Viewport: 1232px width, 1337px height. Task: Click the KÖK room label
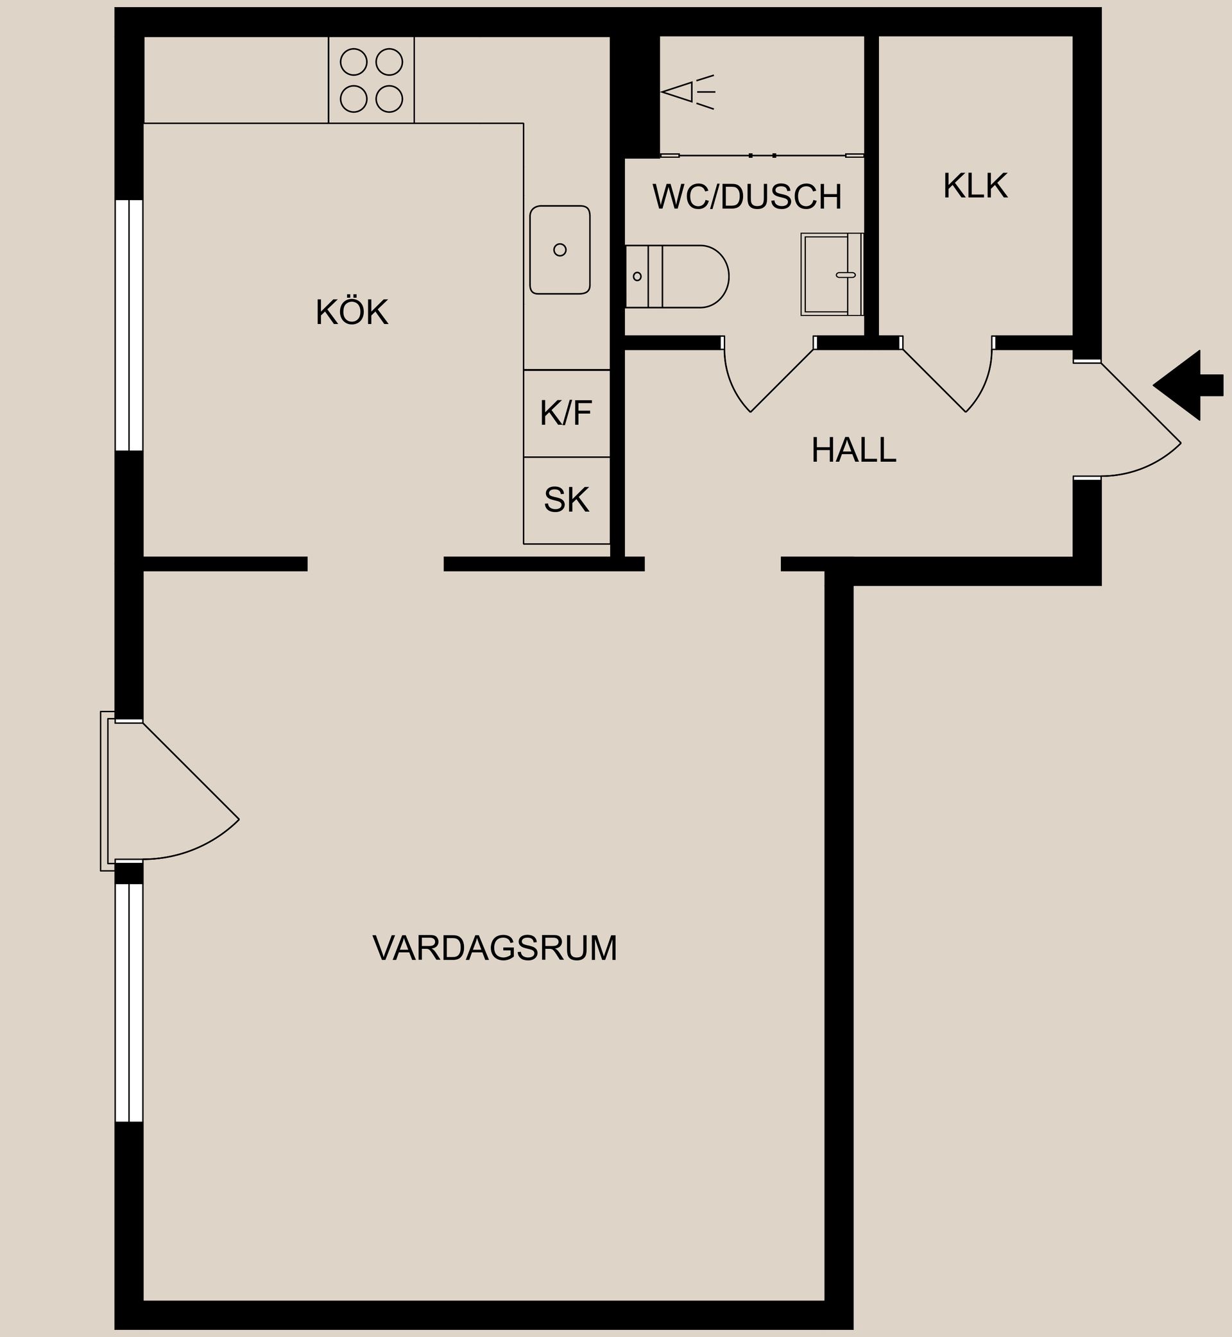352,312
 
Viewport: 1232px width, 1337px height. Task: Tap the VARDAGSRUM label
495,948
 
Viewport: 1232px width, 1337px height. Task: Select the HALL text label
853,450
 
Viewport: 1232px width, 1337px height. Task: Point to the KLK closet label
975,186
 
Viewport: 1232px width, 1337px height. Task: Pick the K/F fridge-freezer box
567,413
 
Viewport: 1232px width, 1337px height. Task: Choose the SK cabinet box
567,500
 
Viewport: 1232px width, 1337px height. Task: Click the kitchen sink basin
560,250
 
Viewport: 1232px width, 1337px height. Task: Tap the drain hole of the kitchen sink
560,250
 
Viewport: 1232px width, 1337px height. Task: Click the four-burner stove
372,80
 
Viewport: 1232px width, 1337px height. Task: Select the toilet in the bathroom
677,277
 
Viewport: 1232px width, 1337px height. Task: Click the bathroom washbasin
832,274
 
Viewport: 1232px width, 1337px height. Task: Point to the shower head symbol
687,92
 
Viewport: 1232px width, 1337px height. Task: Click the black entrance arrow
1188,385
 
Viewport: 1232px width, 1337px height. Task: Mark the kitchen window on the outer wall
130,325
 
